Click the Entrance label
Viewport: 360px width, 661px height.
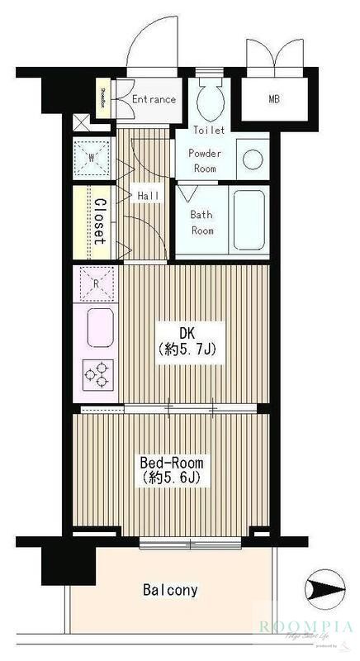pos(154,99)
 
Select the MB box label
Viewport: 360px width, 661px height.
pos(272,100)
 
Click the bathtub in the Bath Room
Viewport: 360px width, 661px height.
pos(249,220)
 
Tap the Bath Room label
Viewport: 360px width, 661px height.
pos(202,222)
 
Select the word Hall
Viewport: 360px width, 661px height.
pos(149,196)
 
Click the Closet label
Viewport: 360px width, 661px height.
pos(99,221)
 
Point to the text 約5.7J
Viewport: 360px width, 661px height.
pos(187,351)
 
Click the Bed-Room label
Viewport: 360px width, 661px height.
pos(172,463)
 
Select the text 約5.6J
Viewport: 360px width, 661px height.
pos(172,478)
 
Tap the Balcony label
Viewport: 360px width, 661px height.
pos(170,590)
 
